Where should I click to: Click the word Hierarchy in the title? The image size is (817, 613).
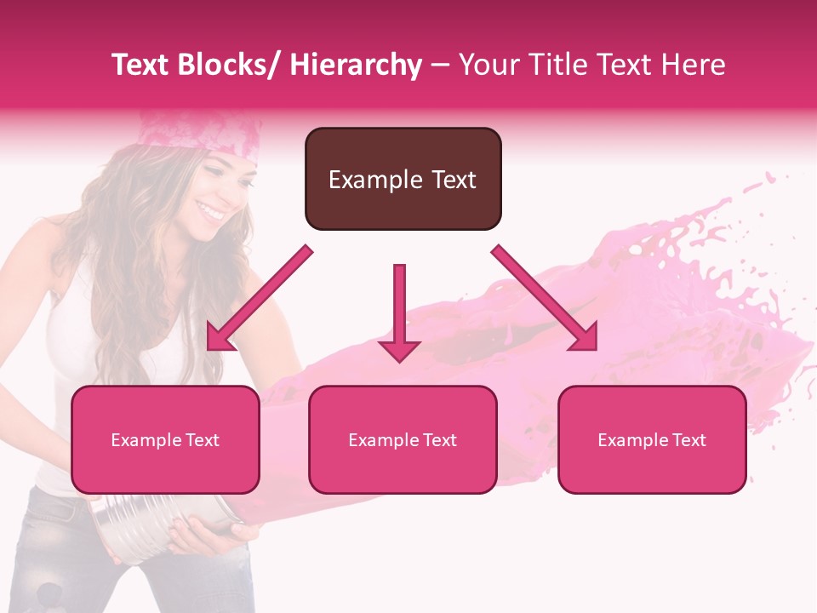coord(356,65)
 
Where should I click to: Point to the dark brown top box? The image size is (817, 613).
coord(403,153)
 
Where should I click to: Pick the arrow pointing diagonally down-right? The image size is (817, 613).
coord(545,298)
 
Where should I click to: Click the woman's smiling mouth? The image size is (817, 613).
coord(209,209)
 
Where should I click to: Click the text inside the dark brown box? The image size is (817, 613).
coord(403,180)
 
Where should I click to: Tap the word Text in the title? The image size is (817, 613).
coord(142,65)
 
